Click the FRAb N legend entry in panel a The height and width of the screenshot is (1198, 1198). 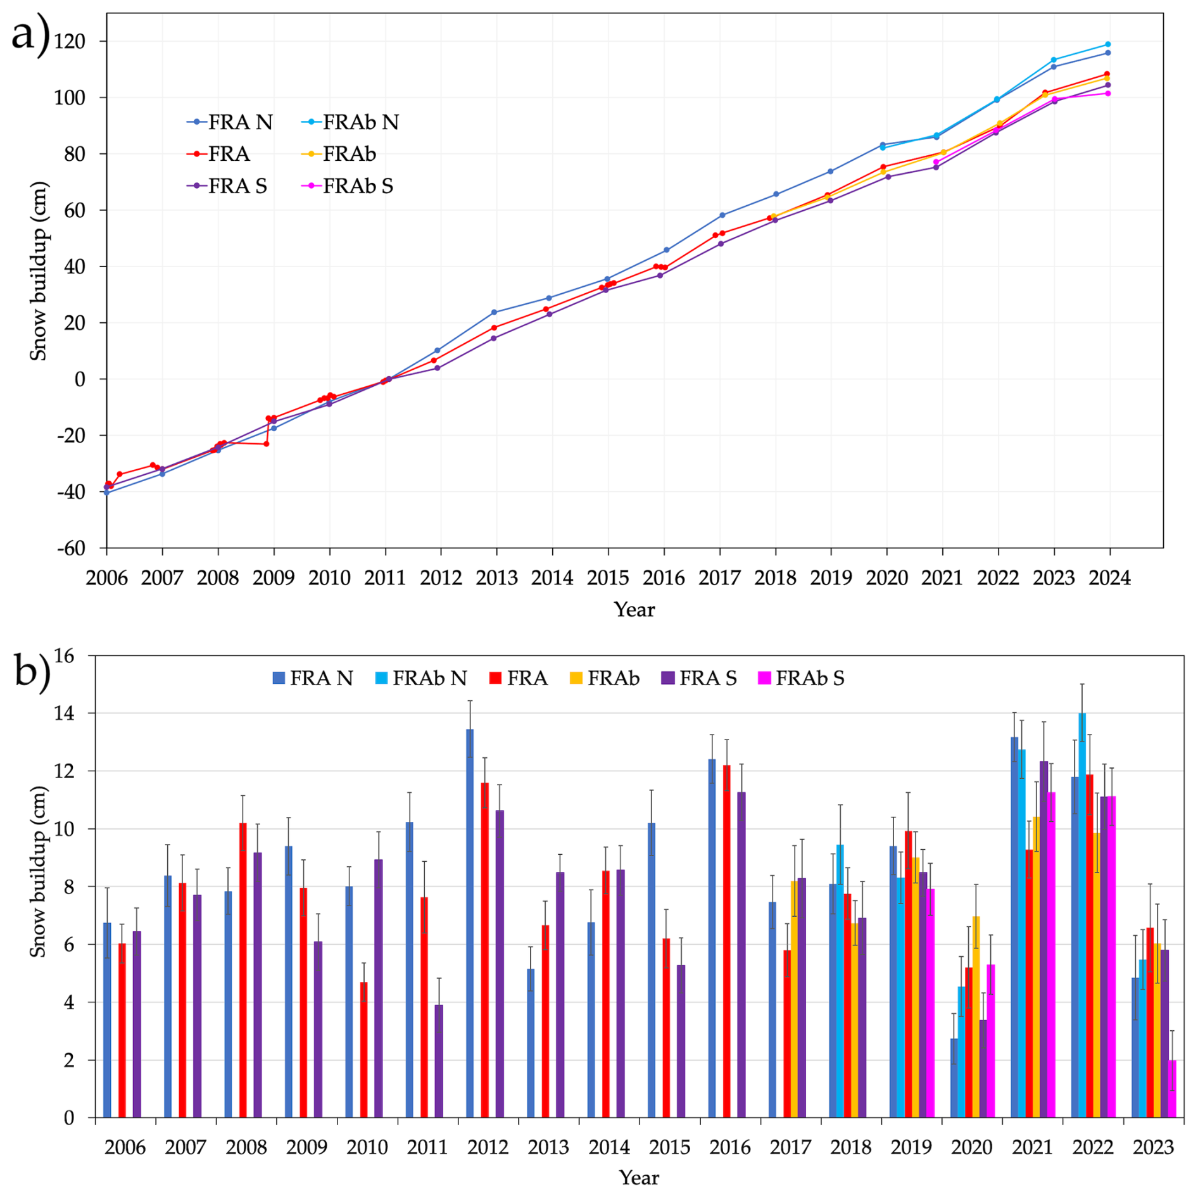tap(360, 122)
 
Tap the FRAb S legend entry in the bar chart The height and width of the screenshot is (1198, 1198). tap(810, 678)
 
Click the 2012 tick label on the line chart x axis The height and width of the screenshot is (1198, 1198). tap(441, 578)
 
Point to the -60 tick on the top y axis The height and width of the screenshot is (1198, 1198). tap(71, 548)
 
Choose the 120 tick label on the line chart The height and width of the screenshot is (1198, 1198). tap(70, 42)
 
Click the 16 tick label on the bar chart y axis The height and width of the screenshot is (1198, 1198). tap(63, 656)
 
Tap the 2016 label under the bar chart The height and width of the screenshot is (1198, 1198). tap(730, 1147)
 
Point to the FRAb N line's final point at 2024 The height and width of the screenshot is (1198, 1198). tap(1107, 44)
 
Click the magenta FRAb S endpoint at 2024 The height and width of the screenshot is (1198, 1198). tap(1107, 94)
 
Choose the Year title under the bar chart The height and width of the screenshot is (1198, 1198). tap(639, 1178)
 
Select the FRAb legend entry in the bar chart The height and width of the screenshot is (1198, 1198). tap(613, 678)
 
